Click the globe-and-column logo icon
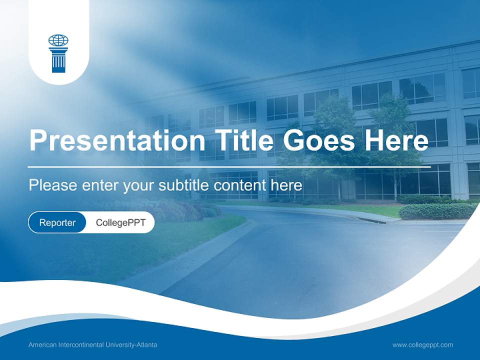[x=58, y=53]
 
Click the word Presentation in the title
[x=116, y=140]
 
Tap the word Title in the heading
[x=241, y=140]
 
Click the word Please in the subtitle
[x=52, y=185]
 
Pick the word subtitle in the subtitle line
[x=184, y=185]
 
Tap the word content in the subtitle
[x=240, y=185]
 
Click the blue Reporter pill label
[x=57, y=222]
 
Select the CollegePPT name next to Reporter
[x=120, y=222]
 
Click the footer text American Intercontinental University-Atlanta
[x=92, y=345]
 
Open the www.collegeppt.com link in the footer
[x=422, y=345]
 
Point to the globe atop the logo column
[x=58, y=40]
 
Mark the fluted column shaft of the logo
[x=58, y=63]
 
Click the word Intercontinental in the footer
[x=80, y=345]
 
